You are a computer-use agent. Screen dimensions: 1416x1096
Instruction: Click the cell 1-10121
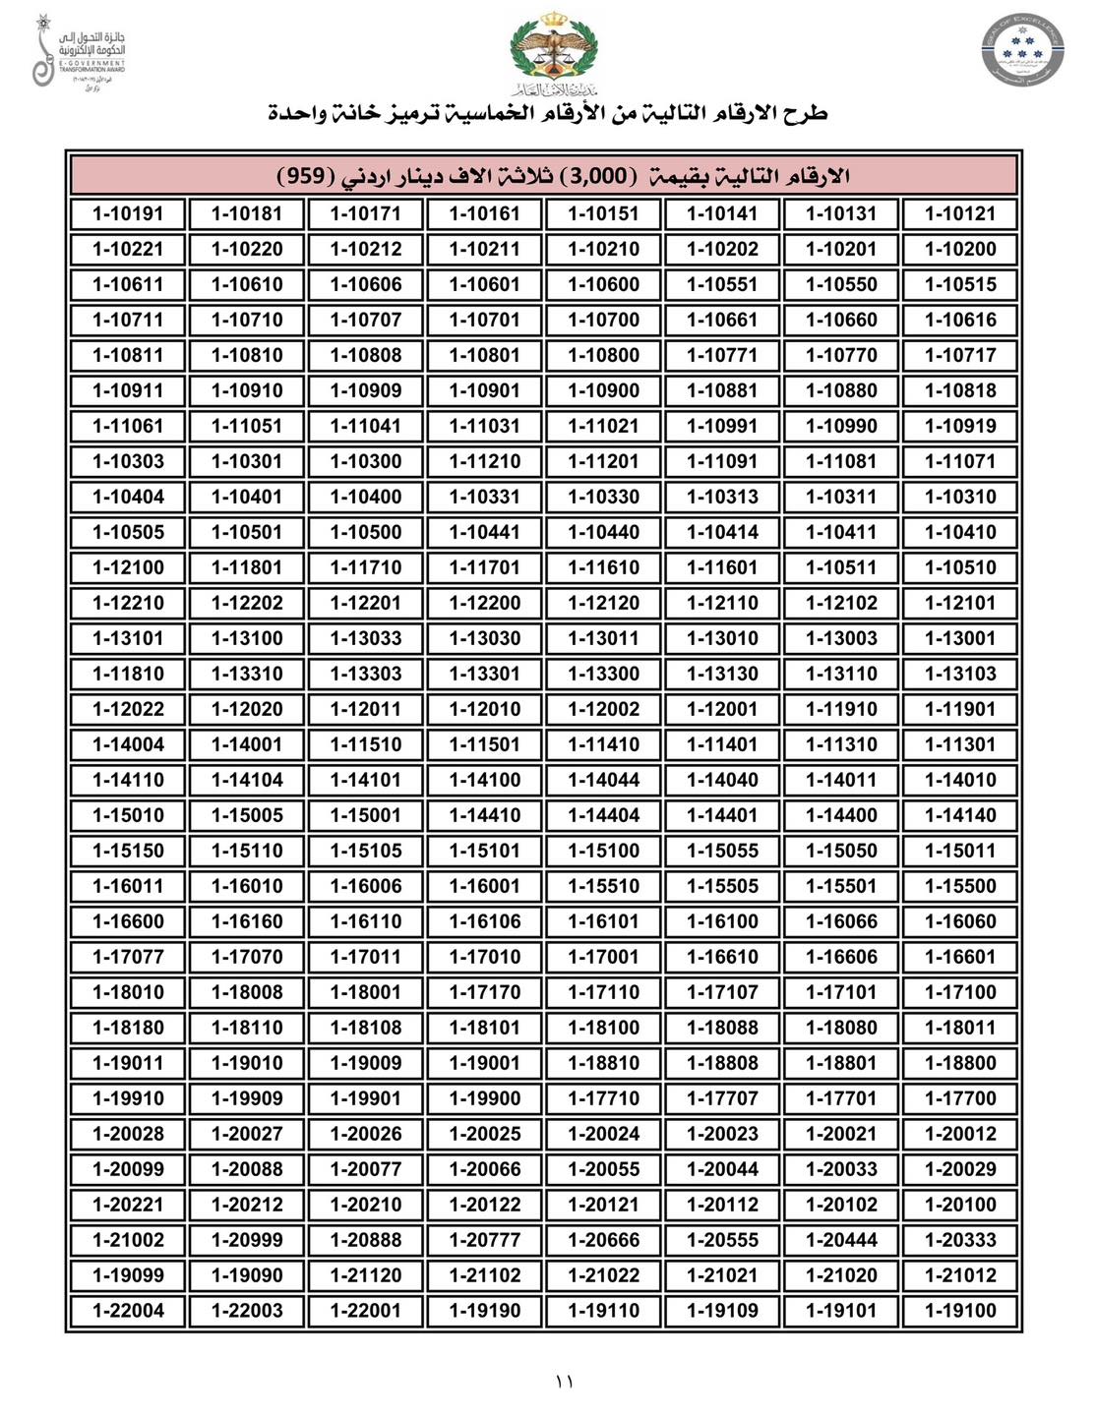[x=960, y=213]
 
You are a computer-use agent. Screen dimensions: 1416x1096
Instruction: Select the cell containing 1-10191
[x=128, y=213]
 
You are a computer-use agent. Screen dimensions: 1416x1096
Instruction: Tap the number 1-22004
[x=128, y=1311]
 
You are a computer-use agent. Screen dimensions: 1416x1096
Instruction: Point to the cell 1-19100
[x=960, y=1311]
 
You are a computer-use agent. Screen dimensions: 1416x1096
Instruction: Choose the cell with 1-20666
[x=603, y=1240]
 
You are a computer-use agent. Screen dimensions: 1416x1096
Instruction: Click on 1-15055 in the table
[x=722, y=851]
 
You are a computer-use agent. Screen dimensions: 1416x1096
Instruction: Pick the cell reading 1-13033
[x=366, y=638]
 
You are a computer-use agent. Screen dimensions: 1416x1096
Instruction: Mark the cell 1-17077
[x=128, y=957]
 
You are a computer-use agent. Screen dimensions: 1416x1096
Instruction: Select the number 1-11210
[x=484, y=461]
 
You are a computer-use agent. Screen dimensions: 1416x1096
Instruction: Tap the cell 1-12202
[x=247, y=603]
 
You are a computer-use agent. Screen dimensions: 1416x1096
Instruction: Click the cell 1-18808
[x=722, y=1063]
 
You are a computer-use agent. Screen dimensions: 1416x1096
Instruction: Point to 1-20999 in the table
[x=247, y=1240]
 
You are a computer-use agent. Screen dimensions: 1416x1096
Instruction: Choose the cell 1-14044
[x=603, y=780]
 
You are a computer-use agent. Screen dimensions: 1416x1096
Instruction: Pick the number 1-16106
[x=484, y=921]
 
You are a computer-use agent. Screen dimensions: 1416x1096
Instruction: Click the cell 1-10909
[x=366, y=390]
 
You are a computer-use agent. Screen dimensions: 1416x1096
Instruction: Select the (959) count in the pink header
[x=301, y=176]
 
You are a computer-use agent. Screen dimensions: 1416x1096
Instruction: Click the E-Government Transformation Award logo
[x=79, y=51]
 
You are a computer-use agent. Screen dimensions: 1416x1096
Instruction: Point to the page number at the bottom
[x=564, y=1382]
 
